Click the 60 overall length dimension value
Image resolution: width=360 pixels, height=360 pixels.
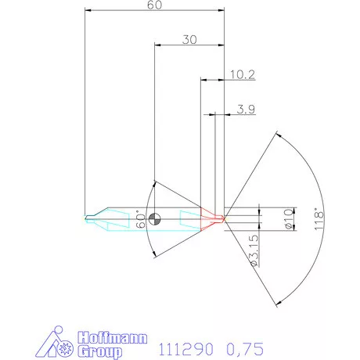153,5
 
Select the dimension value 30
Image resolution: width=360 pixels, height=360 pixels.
189,39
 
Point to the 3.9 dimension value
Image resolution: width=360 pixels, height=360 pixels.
245,109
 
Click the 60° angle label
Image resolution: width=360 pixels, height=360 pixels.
142,218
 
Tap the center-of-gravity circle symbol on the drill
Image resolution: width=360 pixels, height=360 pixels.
156,218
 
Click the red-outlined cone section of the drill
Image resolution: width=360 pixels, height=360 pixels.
210,218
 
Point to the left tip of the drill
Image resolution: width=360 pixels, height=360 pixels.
85,218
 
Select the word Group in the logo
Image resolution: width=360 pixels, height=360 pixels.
99,351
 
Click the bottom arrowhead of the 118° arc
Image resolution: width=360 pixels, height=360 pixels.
278,303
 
